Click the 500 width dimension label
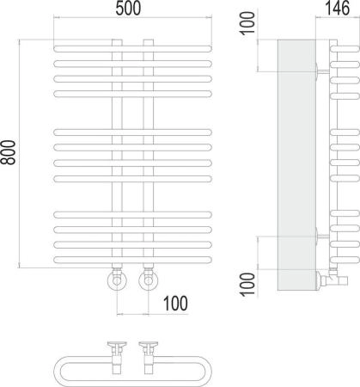pos(128,9)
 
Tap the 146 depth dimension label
pos(338,9)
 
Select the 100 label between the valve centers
pos(175,304)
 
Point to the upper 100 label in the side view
pos(247,23)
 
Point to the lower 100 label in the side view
pos(247,285)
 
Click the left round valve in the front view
pos(117,280)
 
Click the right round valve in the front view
pos(148,280)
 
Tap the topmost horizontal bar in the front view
pos(132,49)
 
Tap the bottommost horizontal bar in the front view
pos(132,260)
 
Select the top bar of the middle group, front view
pos(132,132)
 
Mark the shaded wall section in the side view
pos(296,165)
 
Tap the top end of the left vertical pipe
pos(117,40)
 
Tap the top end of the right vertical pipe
pos(149,40)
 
